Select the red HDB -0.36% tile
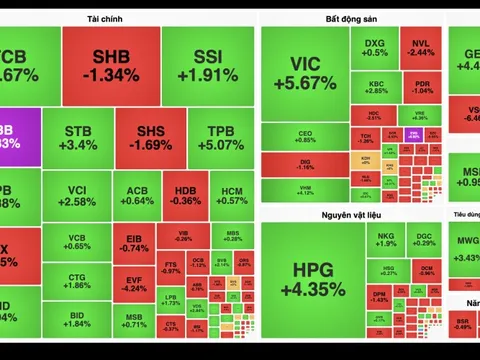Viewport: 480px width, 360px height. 186,194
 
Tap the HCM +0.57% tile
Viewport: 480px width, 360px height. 232,194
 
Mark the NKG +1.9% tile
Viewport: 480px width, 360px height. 386,239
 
